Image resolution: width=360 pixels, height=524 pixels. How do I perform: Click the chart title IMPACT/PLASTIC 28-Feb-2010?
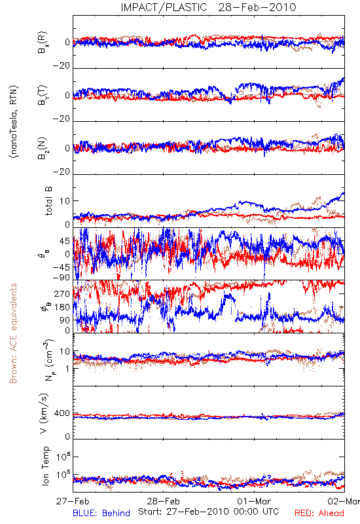(x=208, y=7)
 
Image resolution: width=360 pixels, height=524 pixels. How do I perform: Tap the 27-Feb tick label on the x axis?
(x=73, y=501)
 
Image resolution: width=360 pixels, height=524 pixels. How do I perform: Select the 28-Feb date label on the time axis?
(x=163, y=501)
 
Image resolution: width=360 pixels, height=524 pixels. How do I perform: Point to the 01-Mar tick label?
(x=254, y=501)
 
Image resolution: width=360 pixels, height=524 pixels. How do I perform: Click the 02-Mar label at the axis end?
(x=344, y=501)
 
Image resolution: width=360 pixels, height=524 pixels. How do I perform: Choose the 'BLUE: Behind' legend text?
(x=101, y=513)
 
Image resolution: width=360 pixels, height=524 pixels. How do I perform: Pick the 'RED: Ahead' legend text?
(x=319, y=513)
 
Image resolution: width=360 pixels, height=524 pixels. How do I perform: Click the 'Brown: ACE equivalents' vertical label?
(x=13, y=333)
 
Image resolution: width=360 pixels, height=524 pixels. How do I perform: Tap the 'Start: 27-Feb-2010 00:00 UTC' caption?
(x=208, y=512)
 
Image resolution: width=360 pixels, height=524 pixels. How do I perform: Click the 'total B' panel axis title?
(x=48, y=201)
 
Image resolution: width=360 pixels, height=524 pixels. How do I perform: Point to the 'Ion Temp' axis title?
(x=45, y=466)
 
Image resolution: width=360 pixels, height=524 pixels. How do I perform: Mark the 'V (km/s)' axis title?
(x=44, y=414)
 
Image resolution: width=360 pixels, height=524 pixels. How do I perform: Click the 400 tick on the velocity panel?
(x=62, y=413)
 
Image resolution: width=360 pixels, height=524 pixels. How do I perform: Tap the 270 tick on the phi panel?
(x=62, y=294)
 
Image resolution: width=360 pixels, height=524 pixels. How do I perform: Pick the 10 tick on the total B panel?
(x=65, y=201)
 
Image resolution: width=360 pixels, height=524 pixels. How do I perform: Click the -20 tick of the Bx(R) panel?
(x=61, y=66)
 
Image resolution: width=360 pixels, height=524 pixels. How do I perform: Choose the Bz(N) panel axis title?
(x=43, y=148)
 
